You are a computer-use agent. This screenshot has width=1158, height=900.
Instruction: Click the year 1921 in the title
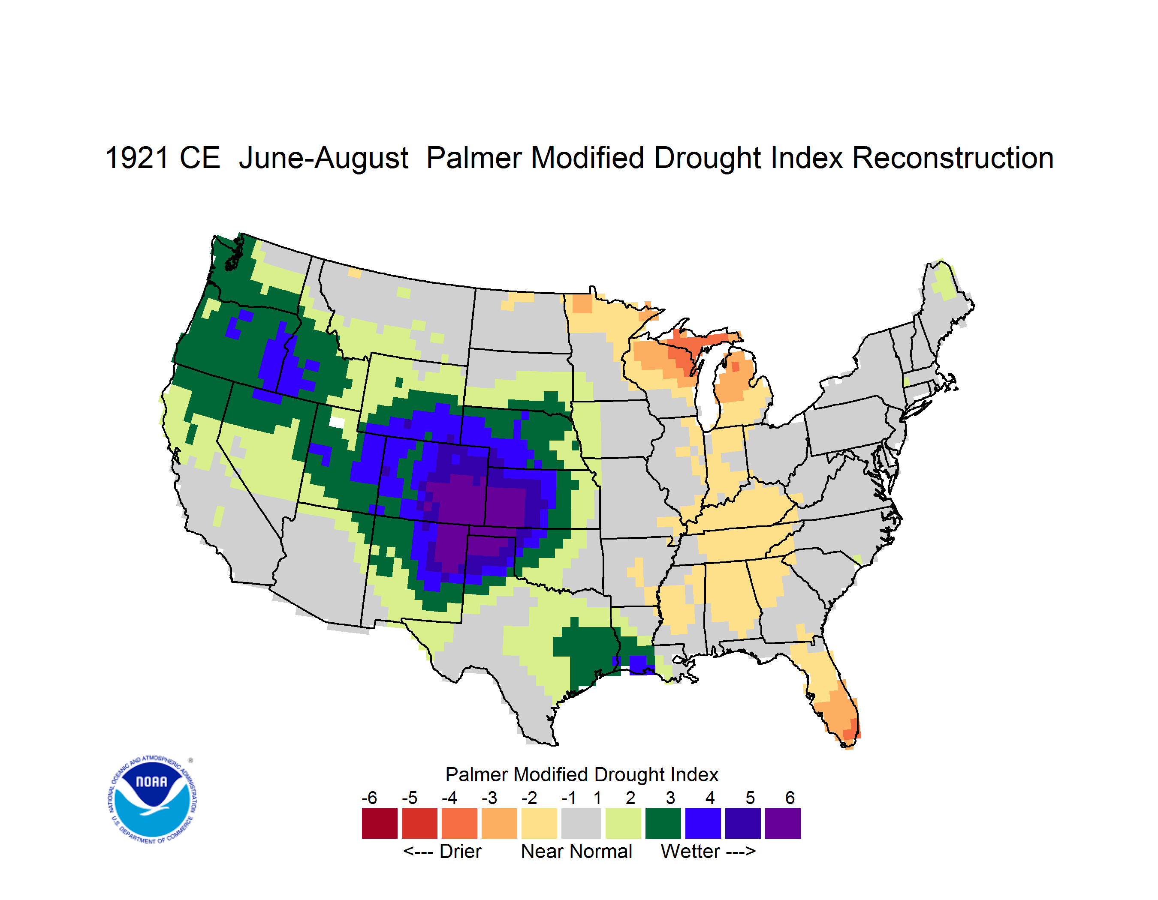point(137,159)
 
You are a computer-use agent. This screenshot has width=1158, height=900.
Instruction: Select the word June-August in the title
point(323,159)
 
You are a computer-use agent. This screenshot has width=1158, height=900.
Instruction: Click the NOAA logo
point(152,800)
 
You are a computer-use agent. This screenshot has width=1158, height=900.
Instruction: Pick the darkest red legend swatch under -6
point(380,823)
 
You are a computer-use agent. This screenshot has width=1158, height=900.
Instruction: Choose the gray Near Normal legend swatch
point(581,823)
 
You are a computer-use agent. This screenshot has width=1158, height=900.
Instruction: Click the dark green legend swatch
point(663,823)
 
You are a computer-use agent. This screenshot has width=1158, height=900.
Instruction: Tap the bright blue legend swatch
point(703,823)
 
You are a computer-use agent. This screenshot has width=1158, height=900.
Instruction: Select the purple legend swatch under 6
point(783,823)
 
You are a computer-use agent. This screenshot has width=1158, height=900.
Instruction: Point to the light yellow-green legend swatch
point(623,823)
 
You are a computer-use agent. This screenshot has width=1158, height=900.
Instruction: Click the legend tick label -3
point(489,798)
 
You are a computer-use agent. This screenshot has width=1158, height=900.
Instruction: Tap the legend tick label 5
point(750,798)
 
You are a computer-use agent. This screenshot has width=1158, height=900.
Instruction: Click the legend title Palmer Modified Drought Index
point(582,774)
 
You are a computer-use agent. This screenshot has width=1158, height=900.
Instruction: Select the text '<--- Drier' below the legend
point(442,851)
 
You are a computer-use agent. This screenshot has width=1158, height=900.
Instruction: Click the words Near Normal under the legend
point(576,851)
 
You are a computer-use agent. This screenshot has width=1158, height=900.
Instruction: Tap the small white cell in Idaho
point(337,422)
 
